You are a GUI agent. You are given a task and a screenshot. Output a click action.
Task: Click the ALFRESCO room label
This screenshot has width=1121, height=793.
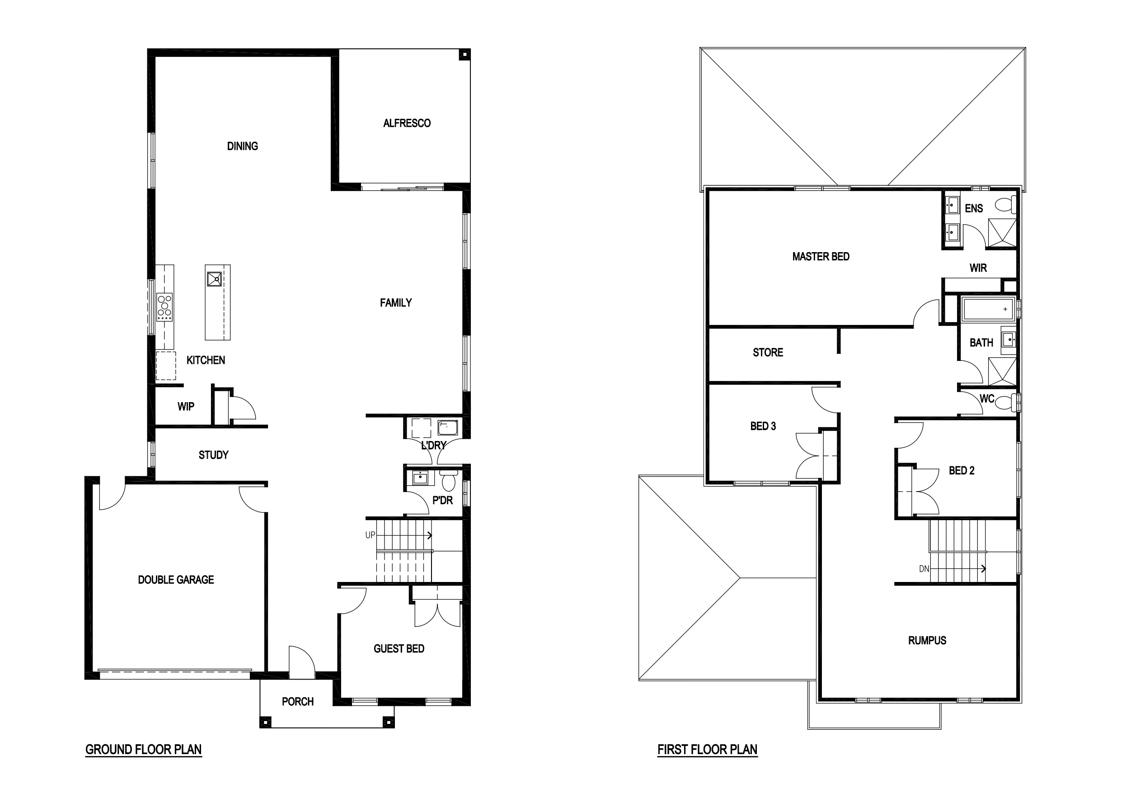407,123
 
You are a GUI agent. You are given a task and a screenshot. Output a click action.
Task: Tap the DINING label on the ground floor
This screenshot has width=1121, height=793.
243,146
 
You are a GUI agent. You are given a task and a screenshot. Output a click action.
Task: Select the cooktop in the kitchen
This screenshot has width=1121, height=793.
164,307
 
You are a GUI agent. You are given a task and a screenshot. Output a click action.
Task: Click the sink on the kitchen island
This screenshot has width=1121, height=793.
214,279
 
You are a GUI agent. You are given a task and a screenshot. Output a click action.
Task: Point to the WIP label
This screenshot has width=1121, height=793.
186,406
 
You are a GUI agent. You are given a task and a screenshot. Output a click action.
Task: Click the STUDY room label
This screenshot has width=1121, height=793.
213,455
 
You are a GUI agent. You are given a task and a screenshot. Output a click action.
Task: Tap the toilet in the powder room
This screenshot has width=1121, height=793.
448,480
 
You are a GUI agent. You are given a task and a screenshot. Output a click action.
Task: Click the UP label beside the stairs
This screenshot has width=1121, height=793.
371,535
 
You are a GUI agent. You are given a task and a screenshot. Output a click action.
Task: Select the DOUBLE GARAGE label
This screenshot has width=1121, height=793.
176,580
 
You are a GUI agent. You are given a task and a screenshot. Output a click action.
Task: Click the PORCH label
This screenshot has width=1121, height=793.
297,702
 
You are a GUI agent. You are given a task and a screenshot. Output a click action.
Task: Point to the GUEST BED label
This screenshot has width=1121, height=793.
399,648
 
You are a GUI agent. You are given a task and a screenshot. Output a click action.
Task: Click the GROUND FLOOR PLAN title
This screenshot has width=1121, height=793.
144,750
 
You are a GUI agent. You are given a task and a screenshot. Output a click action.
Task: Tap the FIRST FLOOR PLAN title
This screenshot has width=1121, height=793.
708,750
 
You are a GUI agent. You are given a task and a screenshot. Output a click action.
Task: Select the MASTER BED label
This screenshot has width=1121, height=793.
821,256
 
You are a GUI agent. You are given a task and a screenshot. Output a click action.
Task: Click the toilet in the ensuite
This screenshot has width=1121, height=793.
1006,205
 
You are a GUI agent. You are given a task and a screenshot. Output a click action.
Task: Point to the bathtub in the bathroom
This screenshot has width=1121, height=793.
989,309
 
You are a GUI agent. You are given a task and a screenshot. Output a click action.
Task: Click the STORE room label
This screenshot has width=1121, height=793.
768,352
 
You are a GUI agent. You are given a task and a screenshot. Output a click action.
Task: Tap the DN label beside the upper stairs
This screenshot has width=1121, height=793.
924,569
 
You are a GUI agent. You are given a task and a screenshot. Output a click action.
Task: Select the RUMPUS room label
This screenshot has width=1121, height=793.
927,640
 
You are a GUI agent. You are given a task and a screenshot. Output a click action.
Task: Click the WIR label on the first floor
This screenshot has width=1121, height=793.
978,267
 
